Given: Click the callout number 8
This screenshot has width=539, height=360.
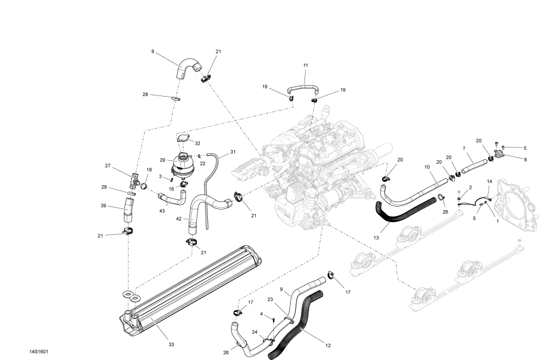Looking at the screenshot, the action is [153, 52].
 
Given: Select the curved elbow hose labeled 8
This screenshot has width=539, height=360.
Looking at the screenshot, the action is [188, 67].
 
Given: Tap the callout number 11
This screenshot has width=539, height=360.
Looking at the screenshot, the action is [306, 65].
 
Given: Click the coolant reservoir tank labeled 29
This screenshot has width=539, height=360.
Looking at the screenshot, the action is [183, 165].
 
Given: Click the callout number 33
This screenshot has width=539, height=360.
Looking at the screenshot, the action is [171, 344].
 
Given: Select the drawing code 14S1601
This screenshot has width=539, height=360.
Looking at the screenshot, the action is [38, 352].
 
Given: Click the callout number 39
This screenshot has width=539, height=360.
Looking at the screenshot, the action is [103, 206].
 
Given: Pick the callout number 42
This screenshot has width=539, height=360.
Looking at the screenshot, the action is [178, 219].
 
